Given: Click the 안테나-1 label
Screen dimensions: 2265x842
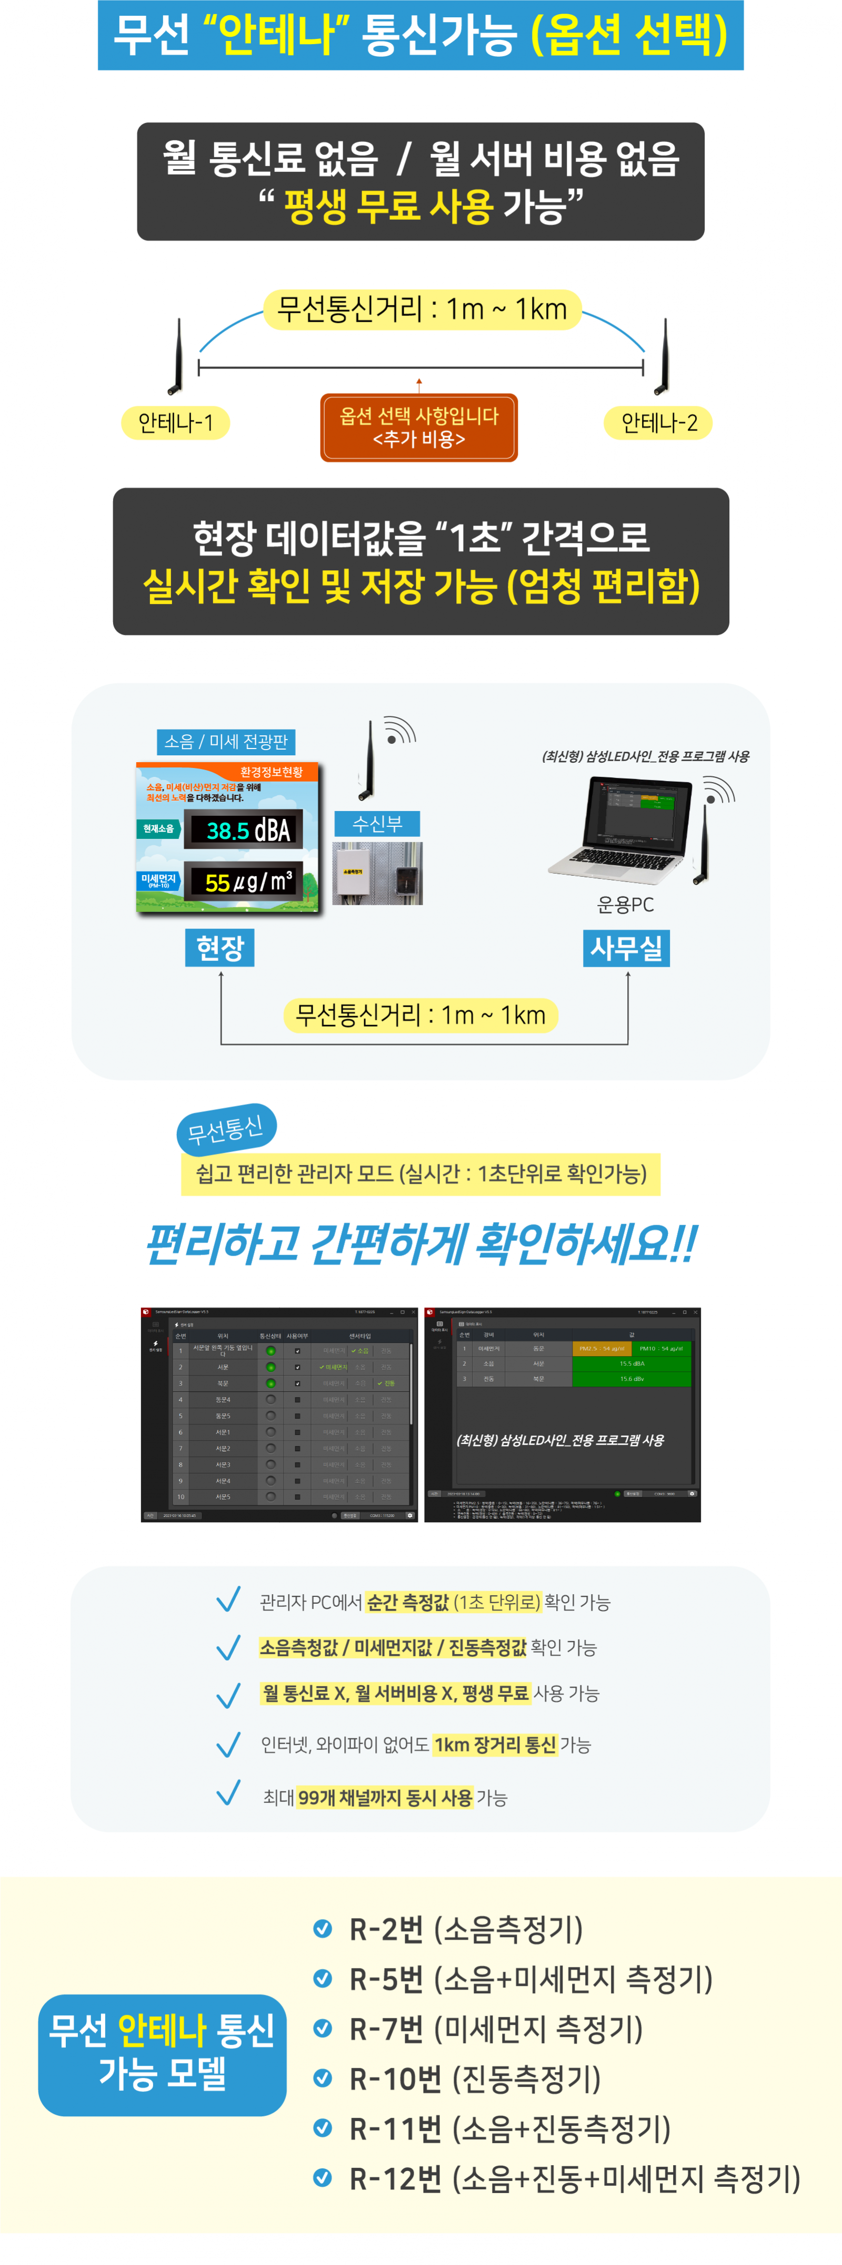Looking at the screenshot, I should pos(175,423).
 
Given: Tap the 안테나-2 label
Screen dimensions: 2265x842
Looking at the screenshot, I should pos(658,423).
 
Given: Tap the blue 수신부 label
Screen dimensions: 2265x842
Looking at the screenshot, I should pos(377,824).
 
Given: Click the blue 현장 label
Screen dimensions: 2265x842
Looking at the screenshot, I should pos(220,948).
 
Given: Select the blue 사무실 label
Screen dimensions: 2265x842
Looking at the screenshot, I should pos(626,948).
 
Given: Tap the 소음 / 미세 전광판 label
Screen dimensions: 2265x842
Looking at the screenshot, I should pos(226,741).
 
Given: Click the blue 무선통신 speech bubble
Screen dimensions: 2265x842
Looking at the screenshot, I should pos(226,1129).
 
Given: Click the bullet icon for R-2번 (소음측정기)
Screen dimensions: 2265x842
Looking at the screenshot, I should pos(323,1929).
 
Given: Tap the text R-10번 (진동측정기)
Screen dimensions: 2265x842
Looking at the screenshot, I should pos(475,2078).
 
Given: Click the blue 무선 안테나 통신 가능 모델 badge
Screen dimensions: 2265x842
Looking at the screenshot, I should pos(162,2054).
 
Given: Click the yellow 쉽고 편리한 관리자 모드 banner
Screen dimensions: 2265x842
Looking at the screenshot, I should pos(420,1174).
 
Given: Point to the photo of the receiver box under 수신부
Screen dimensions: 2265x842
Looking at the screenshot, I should pos(377,873).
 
